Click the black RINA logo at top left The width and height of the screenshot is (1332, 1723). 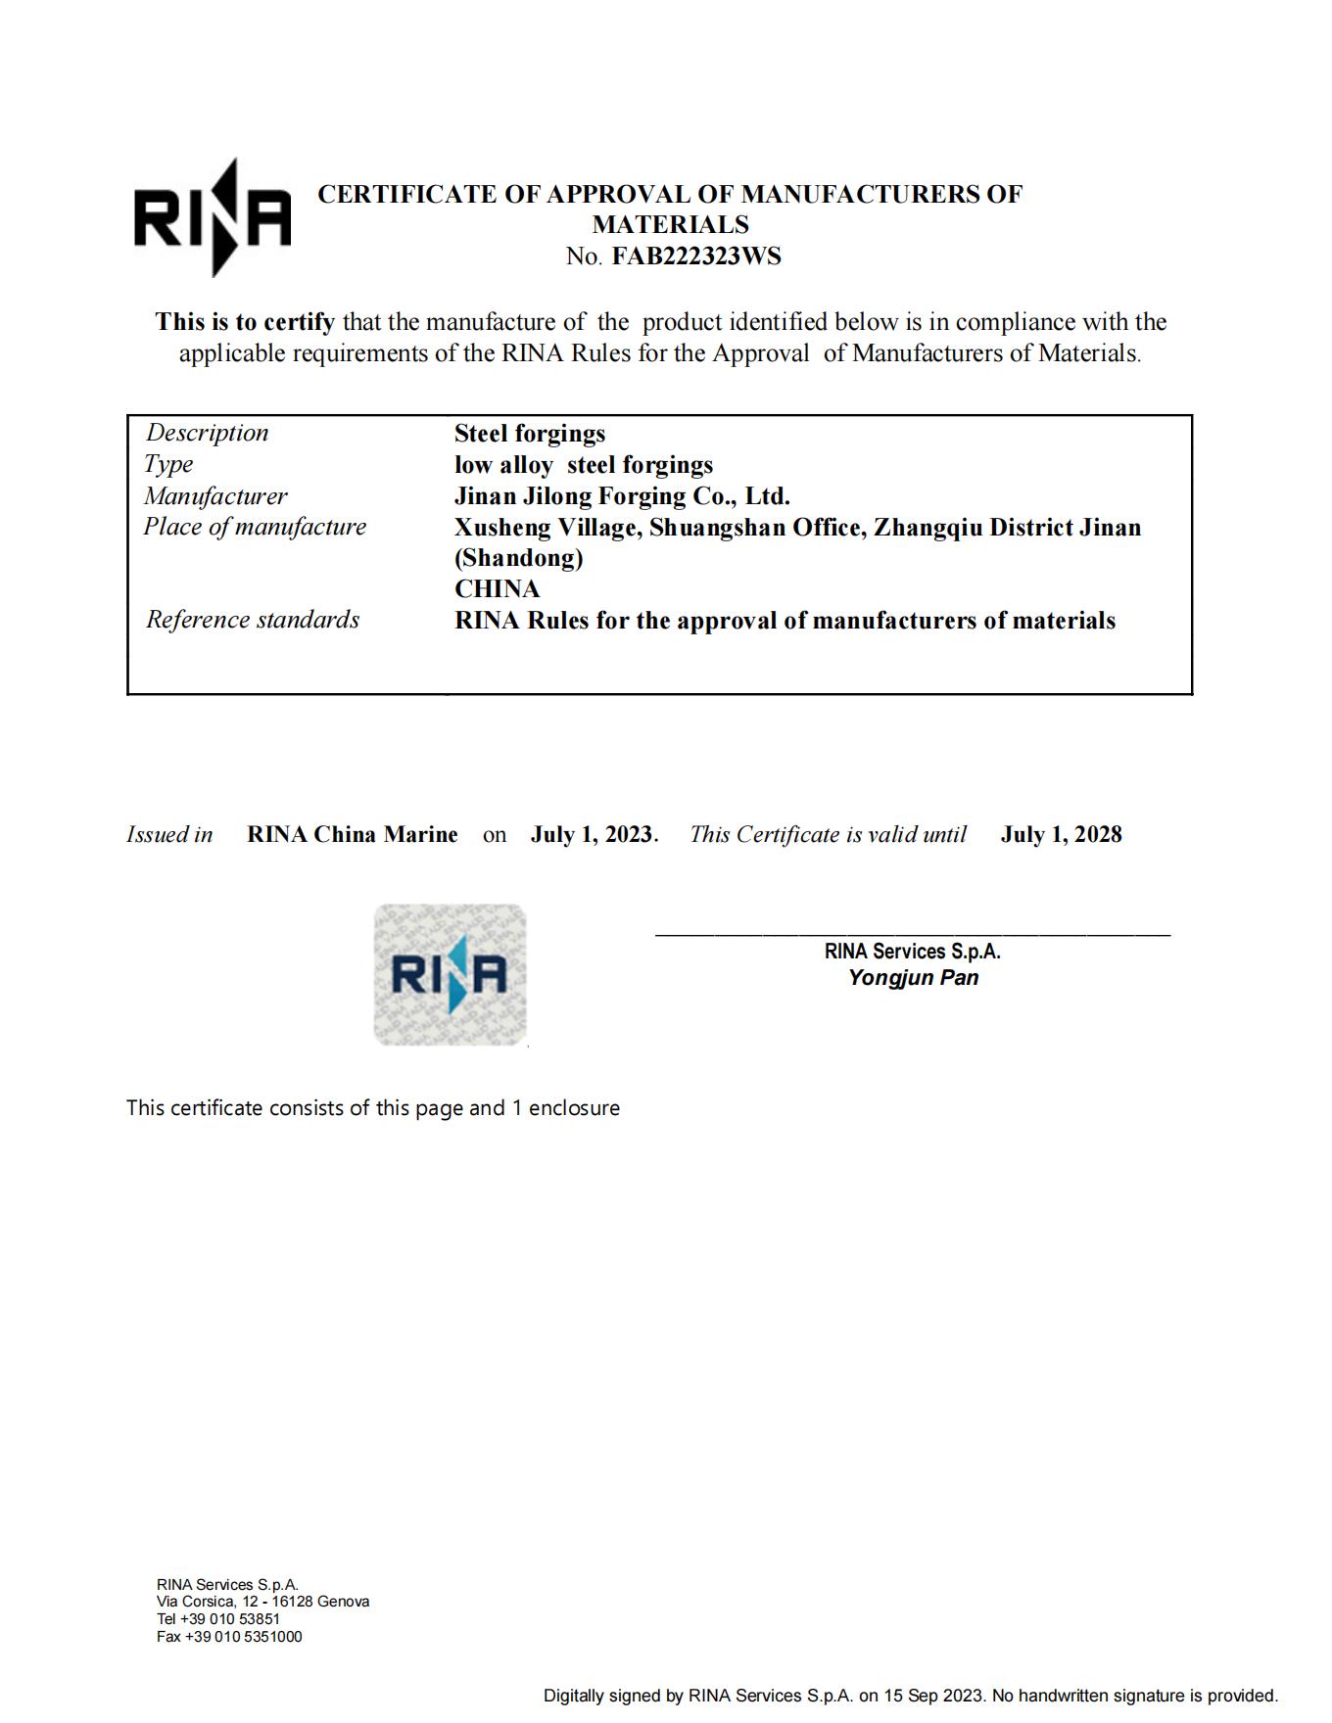(213, 217)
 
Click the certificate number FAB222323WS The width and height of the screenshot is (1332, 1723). (696, 256)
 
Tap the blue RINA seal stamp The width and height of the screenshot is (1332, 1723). (450, 974)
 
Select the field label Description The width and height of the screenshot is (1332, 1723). (207, 433)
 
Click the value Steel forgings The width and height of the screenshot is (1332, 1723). (530, 433)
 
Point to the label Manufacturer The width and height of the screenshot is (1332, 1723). (215, 495)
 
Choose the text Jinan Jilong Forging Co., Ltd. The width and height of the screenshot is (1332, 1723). (622, 495)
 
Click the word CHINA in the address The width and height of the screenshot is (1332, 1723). (497, 588)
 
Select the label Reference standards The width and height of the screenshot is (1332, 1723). (253, 620)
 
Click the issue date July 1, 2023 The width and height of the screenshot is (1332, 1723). (593, 834)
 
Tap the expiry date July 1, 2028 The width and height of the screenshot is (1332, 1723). (1061, 834)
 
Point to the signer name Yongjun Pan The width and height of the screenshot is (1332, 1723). (913, 977)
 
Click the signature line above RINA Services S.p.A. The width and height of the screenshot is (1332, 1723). (912, 935)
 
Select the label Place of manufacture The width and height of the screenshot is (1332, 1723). (255, 527)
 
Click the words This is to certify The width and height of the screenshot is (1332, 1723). (245, 322)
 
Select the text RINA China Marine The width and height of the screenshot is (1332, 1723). (353, 834)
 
